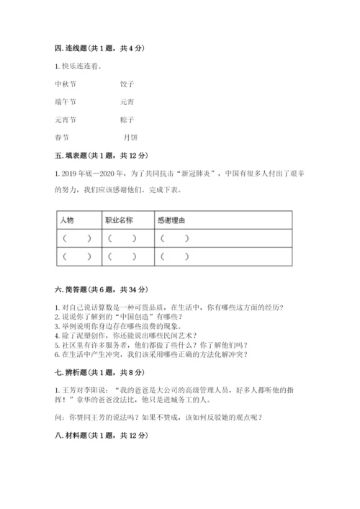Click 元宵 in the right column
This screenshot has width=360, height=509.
[x=127, y=102]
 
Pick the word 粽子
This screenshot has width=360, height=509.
[x=127, y=119]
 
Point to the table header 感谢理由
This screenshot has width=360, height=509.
[x=171, y=220]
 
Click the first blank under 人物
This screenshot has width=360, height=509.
[x=76, y=238]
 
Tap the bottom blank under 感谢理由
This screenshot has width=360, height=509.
[x=175, y=256]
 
